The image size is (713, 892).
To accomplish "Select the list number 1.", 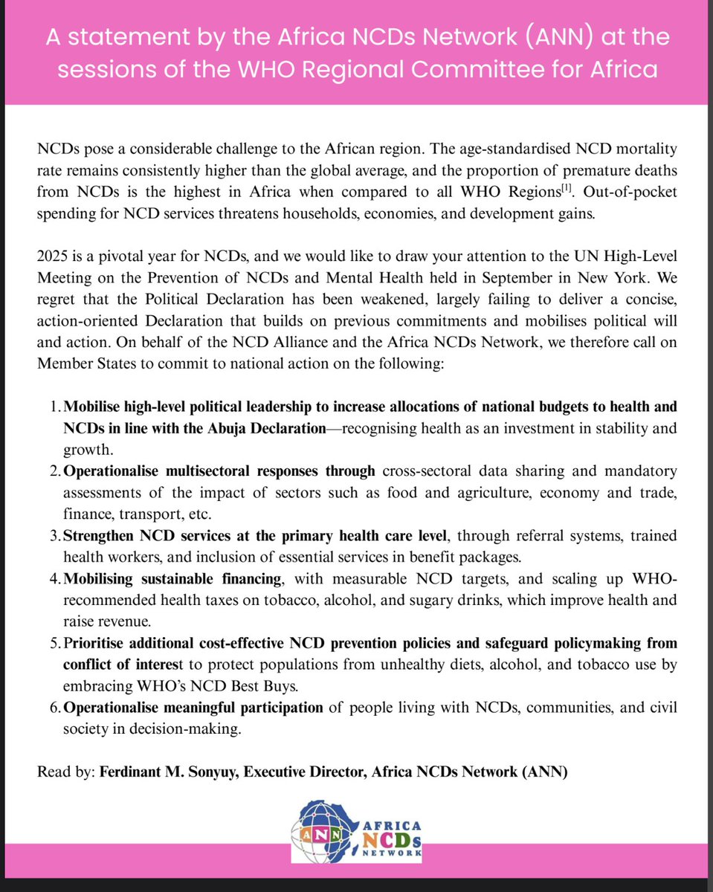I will pyautogui.click(x=56, y=407).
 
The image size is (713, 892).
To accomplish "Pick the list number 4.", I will pyautogui.click(x=55, y=578).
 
